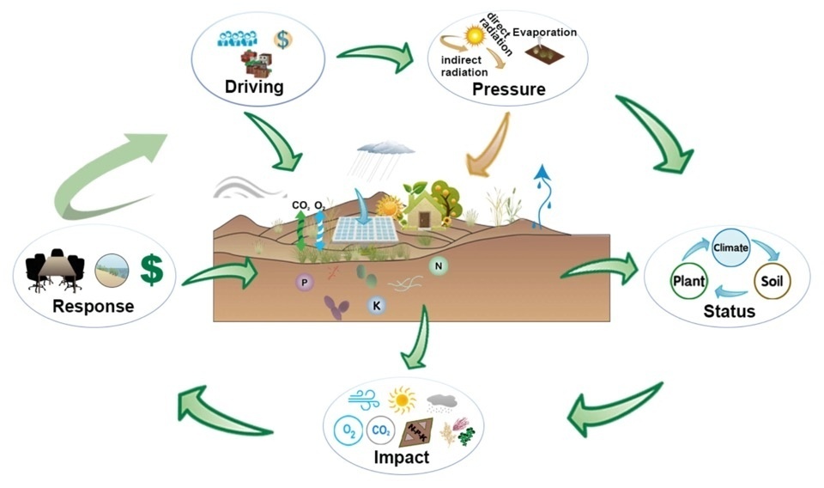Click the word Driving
(x=254, y=87)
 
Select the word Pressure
(x=509, y=88)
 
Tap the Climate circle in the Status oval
(x=730, y=247)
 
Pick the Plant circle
(x=689, y=281)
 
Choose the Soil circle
(x=772, y=281)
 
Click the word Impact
(x=402, y=457)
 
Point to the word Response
(x=94, y=306)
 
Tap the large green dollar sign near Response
(x=152, y=270)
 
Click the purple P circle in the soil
(x=304, y=283)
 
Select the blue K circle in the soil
(x=376, y=305)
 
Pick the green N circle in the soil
(x=439, y=266)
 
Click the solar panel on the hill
(x=366, y=229)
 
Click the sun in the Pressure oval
(x=475, y=35)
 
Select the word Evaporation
(x=545, y=32)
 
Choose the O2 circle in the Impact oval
(x=348, y=431)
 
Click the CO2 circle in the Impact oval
(x=380, y=430)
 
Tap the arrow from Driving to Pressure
(x=376, y=55)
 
